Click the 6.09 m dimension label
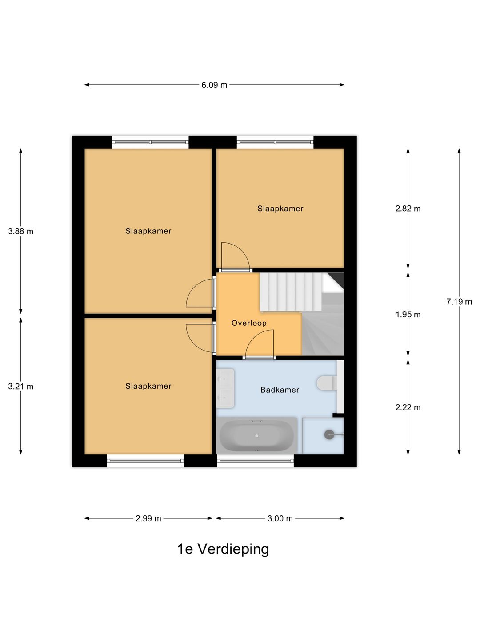coord(214,85)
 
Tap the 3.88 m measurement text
coord(20,231)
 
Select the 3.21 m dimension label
coord(20,387)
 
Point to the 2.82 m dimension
coord(408,209)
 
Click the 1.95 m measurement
coord(408,315)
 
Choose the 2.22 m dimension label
coord(408,407)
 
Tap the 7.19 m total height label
coord(459,302)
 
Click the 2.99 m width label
coord(148,518)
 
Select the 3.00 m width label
coord(280,518)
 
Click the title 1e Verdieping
coord(223,549)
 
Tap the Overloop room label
coord(249,323)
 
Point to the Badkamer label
coord(280,390)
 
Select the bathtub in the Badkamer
coord(257,436)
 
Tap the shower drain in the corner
coord(329,434)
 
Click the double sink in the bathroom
coord(225,388)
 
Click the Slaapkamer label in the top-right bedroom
coord(280,209)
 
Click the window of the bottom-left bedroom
coord(145,461)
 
